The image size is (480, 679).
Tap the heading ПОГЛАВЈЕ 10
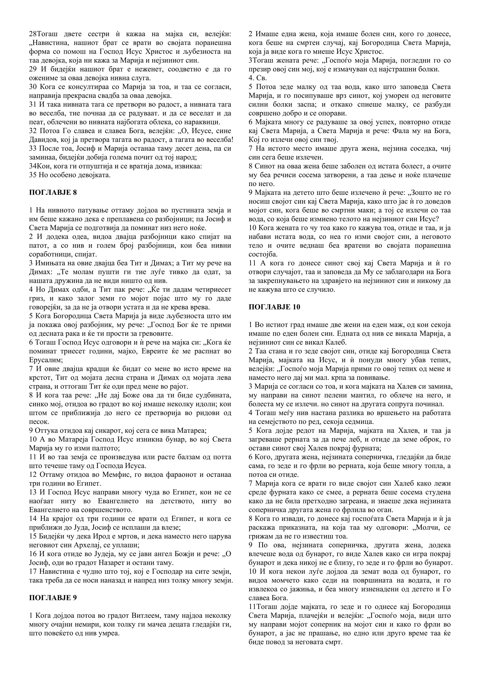coord(274,307)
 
